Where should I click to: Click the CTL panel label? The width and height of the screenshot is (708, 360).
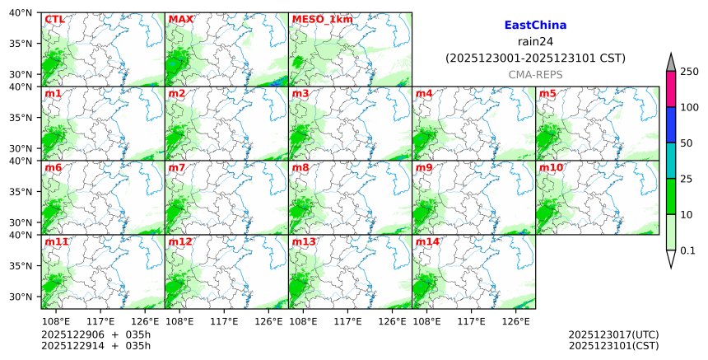click(x=54, y=19)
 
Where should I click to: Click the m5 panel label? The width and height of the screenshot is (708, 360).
click(x=547, y=93)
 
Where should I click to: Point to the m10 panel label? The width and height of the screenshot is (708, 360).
click(x=551, y=167)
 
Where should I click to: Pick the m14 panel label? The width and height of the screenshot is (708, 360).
click(x=427, y=241)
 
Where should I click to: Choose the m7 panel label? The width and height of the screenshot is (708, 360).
click(x=177, y=167)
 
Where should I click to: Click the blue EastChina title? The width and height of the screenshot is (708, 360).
click(x=535, y=26)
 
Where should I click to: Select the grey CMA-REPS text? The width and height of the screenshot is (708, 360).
click(x=535, y=74)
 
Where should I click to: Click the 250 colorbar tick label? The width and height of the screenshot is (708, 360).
click(x=689, y=72)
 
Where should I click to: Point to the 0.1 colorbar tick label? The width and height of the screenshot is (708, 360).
click(x=688, y=250)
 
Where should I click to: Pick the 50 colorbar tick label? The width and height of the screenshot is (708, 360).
click(x=687, y=143)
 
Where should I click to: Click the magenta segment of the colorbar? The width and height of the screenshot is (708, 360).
click(x=670, y=89)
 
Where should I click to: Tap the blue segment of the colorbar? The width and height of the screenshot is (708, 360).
click(x=670, y=124)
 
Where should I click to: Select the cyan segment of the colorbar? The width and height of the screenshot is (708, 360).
click(x=670, y=161)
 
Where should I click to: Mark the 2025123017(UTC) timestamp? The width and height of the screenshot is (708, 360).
click(x=613, y=334)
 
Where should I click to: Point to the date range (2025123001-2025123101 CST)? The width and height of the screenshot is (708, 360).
click(x=535, y=58)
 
